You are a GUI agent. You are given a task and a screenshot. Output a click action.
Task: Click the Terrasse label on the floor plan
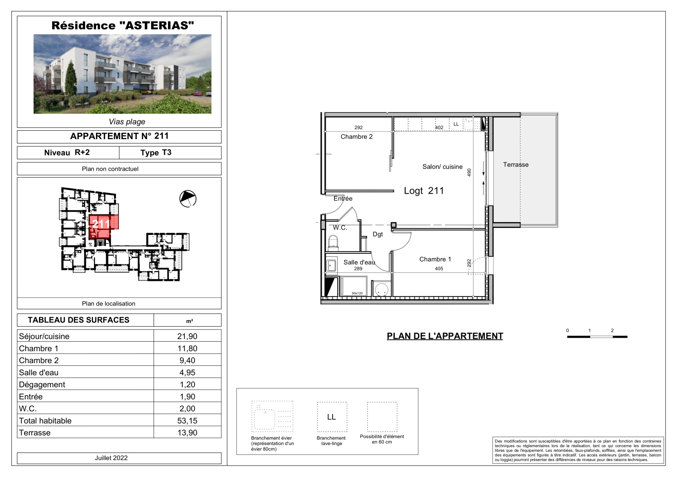[x=516, y=165]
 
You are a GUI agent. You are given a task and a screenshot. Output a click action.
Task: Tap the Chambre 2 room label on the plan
[x=357, y=137]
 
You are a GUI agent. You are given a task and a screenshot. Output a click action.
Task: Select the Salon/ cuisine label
[x=443, y=167]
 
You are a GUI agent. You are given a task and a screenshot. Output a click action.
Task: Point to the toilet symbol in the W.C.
[x=333, y=243]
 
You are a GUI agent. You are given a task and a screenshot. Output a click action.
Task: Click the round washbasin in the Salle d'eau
[x=381, y=289]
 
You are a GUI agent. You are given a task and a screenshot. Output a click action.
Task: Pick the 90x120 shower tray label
[x=357, y=293]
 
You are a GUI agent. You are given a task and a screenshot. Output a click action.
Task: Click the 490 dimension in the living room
[x=469, y=173]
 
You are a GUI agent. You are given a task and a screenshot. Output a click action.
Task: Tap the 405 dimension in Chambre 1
[x=439, y=268]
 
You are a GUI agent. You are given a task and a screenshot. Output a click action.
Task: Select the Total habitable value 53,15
[x=187, y=420]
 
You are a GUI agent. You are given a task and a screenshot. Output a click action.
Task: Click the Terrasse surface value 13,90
[x=187, y=433]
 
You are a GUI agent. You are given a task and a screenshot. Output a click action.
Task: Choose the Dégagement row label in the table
[x=42, y=385]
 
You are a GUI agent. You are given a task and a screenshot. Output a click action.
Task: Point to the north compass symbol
[x=188, y=199]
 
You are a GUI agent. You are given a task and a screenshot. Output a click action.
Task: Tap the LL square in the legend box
[x=332, y=417]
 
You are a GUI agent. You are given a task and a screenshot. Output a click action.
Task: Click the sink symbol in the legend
[x=272, y=416]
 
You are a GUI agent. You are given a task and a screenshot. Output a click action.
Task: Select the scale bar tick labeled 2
[x=612, y=330]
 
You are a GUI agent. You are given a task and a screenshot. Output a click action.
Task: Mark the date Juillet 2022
[x=111, y=458]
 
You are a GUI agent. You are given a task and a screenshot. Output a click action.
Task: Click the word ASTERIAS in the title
[x=157, y=25]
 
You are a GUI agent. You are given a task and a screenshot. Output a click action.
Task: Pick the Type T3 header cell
[x=156, y=153]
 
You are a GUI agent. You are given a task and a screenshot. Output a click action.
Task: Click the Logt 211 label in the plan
[x=424, y=191]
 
